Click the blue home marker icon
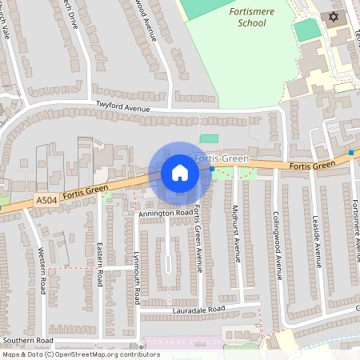[180, 172]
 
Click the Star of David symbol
[334, 17]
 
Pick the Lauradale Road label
[200, 309]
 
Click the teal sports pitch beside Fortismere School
[307, 30]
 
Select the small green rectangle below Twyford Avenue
[209, 138]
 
